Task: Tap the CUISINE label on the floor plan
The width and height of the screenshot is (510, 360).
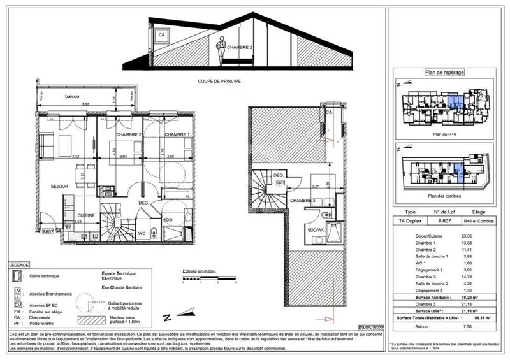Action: (x=86, y=215)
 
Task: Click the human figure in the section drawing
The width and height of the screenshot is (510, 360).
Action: (x=221, y=51)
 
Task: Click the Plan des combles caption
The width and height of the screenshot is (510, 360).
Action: (x=446, y=195)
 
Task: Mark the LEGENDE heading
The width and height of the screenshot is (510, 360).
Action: (x=18, y=264)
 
